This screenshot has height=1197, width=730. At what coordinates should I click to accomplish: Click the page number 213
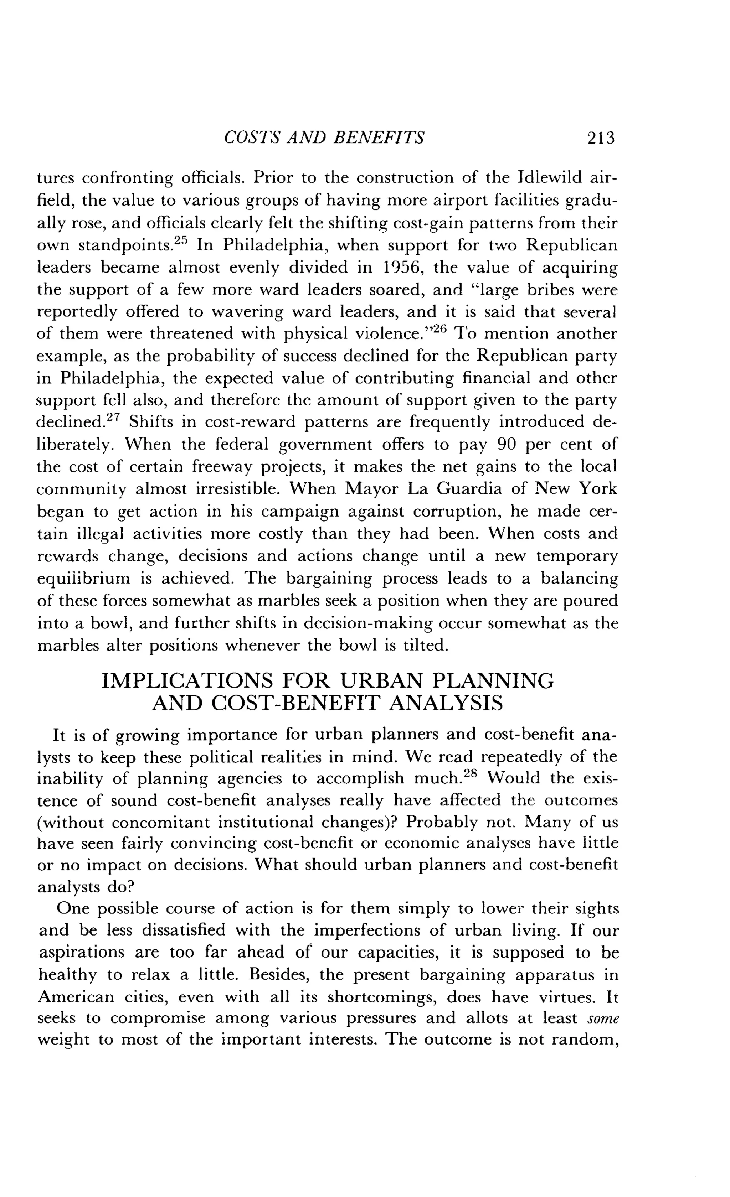point(601,139)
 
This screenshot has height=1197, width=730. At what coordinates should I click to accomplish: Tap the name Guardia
point(469,489)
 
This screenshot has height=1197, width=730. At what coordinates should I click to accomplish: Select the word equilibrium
point(84,579)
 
